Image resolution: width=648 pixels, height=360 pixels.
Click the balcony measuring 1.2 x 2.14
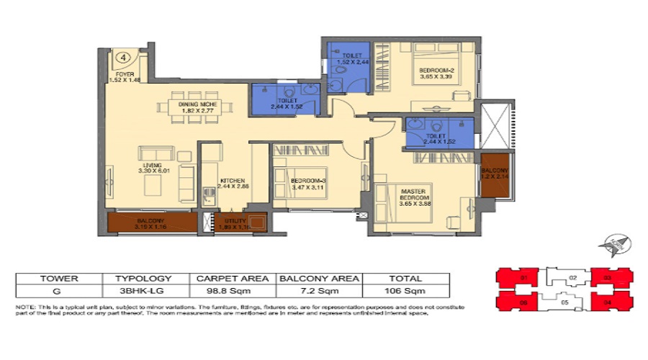(x=494, y=173)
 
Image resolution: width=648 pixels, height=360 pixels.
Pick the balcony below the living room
(x=150, y=222)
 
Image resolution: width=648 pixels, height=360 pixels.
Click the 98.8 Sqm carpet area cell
(x=232, y=290)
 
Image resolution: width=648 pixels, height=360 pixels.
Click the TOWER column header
(x=59, y=277)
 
